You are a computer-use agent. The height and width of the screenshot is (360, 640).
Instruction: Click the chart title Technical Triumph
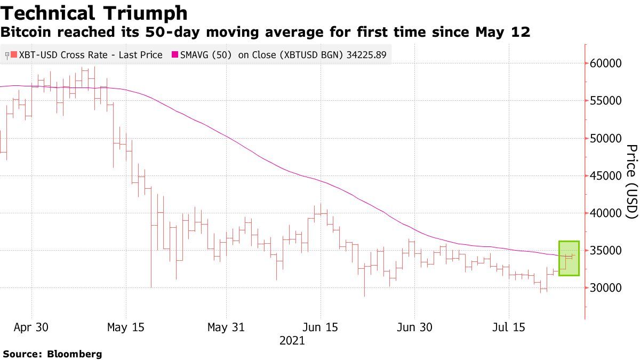click(94, 12)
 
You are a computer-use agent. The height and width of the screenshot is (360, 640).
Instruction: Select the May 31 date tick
click(226, 327)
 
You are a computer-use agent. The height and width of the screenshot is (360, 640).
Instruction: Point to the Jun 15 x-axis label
click(320, 327)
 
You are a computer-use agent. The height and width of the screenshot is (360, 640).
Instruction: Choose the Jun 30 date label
click(414, 327)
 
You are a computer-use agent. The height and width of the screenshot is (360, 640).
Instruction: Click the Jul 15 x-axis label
click(508, 327)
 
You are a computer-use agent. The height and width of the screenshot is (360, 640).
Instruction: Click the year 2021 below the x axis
click(292, 341)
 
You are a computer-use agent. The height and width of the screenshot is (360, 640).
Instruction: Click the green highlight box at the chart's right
click(569, 258)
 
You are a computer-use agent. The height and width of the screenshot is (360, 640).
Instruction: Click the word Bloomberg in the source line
click(75, 354)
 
